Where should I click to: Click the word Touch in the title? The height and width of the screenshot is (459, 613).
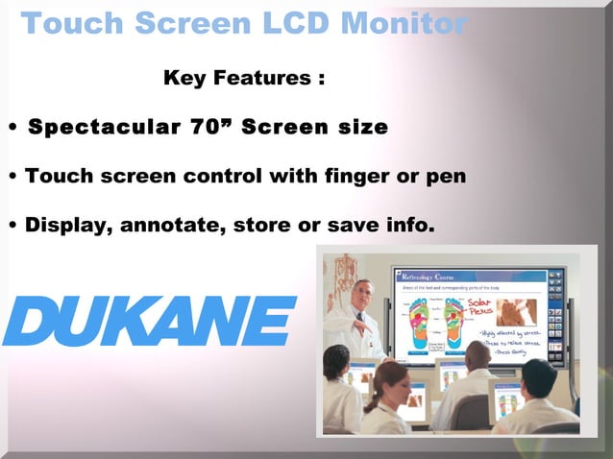(71, 22)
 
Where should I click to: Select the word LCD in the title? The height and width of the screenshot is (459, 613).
(279, 22)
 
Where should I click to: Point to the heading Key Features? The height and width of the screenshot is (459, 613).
(244, 78)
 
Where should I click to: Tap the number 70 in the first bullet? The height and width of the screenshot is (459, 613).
(211, 127)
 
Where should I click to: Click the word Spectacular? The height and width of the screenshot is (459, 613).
(96, 127)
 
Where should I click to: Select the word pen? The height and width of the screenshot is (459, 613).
(445, 177)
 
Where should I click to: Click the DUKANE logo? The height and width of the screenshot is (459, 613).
(149, 321)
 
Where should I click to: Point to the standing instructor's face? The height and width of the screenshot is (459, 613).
(361, 294)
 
